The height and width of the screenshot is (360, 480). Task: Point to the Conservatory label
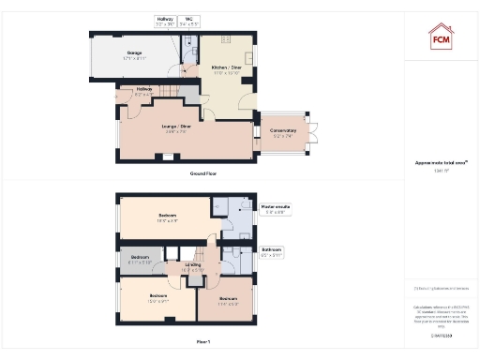[284, 131]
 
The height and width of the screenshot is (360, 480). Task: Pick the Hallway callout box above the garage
[164, 20]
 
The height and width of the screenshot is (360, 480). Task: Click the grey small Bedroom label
[139, 257]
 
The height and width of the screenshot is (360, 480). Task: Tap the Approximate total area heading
[441, 163]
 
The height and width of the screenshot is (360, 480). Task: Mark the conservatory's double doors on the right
[317, 133]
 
